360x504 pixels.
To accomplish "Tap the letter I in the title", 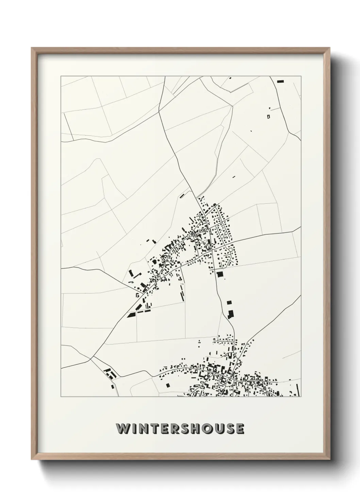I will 134,429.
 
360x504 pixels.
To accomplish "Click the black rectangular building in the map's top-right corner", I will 280,81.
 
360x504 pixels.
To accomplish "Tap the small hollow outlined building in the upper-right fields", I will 268,116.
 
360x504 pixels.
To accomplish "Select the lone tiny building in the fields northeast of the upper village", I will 234,177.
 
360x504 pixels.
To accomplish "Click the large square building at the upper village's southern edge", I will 220,274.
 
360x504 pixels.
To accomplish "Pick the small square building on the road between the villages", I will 229,302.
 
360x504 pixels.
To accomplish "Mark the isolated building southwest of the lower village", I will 168,385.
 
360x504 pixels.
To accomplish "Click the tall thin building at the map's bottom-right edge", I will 298,390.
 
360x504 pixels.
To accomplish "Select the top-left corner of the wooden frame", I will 32,48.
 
